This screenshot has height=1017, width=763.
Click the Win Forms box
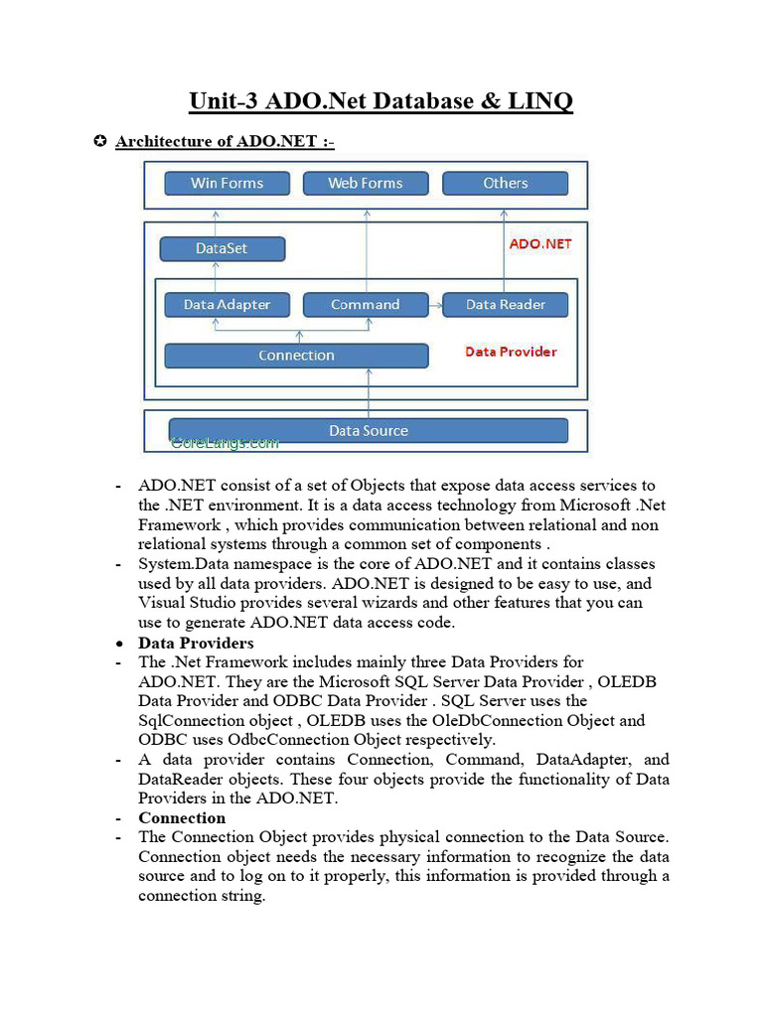click(227, 183)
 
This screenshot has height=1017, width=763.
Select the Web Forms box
click(365, 183)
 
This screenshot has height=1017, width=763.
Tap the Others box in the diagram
click(505, 183)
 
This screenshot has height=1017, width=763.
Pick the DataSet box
click(222, 248)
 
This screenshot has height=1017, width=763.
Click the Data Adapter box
click(227, 305)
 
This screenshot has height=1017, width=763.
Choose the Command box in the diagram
click(365, 305)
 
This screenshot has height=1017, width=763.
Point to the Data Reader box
click(506, 305)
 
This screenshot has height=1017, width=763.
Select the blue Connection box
click(295, 356)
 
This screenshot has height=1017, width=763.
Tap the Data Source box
click(369, 431)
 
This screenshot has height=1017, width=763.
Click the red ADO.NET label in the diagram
click(540, 243)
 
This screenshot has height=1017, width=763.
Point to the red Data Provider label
click(511, 352)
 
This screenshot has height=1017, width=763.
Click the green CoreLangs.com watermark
click(225, 444)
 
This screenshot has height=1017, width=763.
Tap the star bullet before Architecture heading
click(99, 141)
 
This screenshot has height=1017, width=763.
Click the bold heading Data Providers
click(196, 643)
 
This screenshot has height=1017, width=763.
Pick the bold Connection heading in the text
click(182, 817)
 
